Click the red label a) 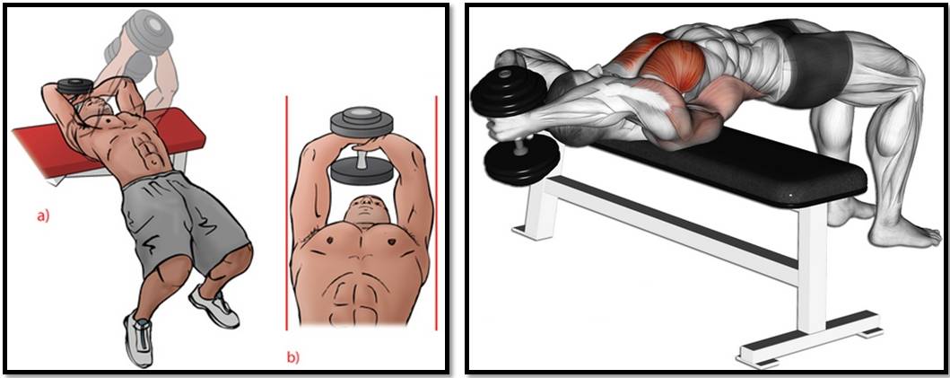tap(42, 215)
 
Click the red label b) tap(292, 357)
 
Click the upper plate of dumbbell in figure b tap(361, 123)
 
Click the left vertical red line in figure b tap(286, 213)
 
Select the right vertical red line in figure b tap(436, 213)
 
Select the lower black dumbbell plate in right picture tap(521, 159)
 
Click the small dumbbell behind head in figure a tap(75, 85)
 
